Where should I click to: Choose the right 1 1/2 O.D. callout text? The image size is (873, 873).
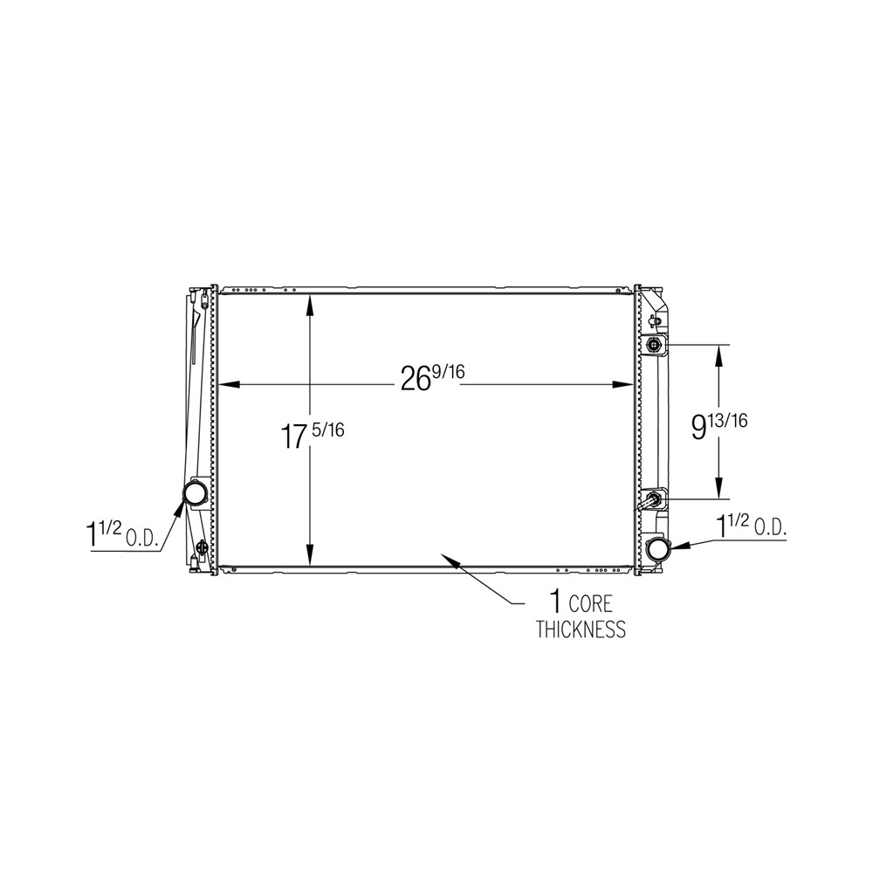click(751, 526)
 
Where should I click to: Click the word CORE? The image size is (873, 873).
click(590, 604)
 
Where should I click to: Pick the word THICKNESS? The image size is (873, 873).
click(581, 629)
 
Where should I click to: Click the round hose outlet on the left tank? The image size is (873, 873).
click(195, 494)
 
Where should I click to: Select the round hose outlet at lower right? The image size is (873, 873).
click(658, 548)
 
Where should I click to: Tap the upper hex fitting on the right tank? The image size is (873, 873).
click(652, 346)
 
